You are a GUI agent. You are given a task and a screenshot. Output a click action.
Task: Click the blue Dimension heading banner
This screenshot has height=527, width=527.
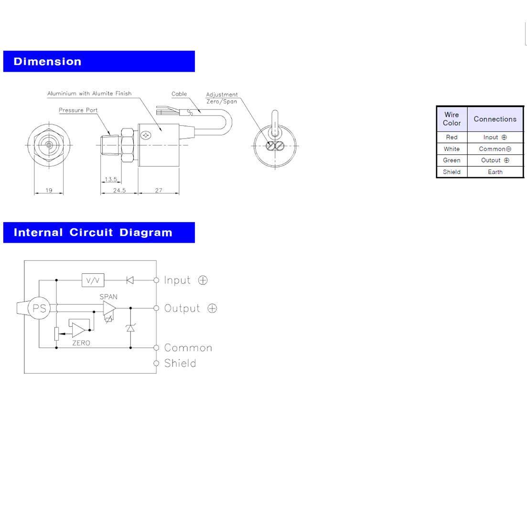pyautogui.click(x=99, y=61)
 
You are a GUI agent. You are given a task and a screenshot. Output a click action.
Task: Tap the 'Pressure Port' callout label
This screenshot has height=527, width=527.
pyautogui.click(x=78, y=110)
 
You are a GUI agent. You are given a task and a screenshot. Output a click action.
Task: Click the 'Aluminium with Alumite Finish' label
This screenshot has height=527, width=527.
pyautogui.click(x=89, y=94)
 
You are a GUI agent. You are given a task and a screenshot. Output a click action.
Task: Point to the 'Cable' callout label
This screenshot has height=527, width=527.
pyautogui.click(x=179, y=94)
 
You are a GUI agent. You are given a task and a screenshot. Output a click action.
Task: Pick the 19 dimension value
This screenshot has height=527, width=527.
pyautogui.click(x=49, y=190)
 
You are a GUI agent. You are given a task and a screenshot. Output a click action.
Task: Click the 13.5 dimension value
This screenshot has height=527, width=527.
pyautogui.click(x=111, y=179)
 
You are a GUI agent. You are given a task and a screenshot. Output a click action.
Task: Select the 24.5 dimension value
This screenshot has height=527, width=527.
pyautogui.click(x=119, y=190)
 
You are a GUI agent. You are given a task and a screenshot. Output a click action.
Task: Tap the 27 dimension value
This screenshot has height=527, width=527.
pyautogui.click(x=159, y=190)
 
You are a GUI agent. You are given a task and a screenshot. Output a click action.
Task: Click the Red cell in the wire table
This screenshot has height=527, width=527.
pyautogui.click(x=452, y=137)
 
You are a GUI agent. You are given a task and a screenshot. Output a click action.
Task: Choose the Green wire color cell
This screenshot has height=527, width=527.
pyautogui.click(x=452, y=161)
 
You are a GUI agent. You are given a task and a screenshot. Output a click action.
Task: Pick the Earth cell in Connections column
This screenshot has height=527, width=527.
pyautogui.click(x=495, y=172)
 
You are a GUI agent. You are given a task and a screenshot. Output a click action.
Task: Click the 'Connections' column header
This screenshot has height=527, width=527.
pyautogui.click(x=495, y=119)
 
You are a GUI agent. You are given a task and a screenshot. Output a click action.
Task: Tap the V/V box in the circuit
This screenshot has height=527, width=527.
pyautogui.click(x=93, y=280)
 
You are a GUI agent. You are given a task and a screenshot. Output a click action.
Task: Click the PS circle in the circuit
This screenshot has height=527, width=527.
pyautogui.click(x=39, y=308)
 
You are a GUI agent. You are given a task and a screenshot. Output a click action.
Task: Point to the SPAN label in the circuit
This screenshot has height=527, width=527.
pyautogui.click(x=108, y=297)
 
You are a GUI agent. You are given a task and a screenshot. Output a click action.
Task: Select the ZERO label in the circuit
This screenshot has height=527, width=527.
pyautogui.click(x=81, y=343)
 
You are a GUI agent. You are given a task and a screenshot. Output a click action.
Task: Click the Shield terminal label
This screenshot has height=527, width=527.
pyautogui.click(x=180, y=363)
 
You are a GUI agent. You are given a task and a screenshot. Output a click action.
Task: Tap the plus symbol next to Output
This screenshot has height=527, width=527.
pyautogui.click(x=212, y=308)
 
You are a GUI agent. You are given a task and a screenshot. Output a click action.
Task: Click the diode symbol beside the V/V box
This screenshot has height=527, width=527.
pyautogui.click(x=130, y=280)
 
